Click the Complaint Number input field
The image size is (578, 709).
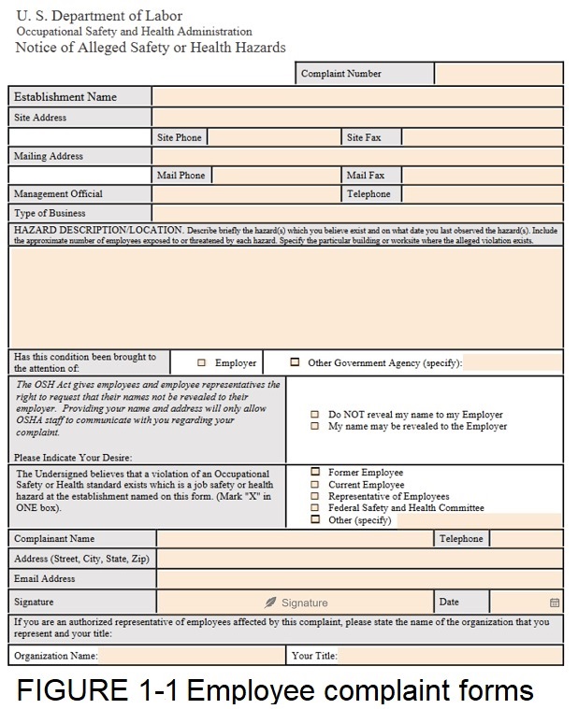click(499, 74)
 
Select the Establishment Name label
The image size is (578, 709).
click(65, 96)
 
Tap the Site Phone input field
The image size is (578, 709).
click(272, 137)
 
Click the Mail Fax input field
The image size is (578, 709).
click(482, 175)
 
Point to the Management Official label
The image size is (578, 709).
click(59, 194)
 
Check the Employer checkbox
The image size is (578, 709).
click(202, 362)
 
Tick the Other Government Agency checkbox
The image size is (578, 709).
click(296, 362)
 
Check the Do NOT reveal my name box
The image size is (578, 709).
click(315, 415)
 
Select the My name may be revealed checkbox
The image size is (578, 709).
click(315, 426)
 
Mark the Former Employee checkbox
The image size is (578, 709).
click(315, 473)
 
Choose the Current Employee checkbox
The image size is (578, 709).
click(315, 485)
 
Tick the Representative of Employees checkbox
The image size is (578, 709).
click(315, 496)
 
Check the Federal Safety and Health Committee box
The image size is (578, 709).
click(315, 508)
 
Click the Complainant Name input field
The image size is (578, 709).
click(295, 539)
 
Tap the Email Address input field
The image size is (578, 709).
click(359, 579)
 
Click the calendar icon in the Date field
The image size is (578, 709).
click(555, 603)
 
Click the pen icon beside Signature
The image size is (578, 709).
click(270, 603)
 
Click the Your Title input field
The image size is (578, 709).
click(449, 656)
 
